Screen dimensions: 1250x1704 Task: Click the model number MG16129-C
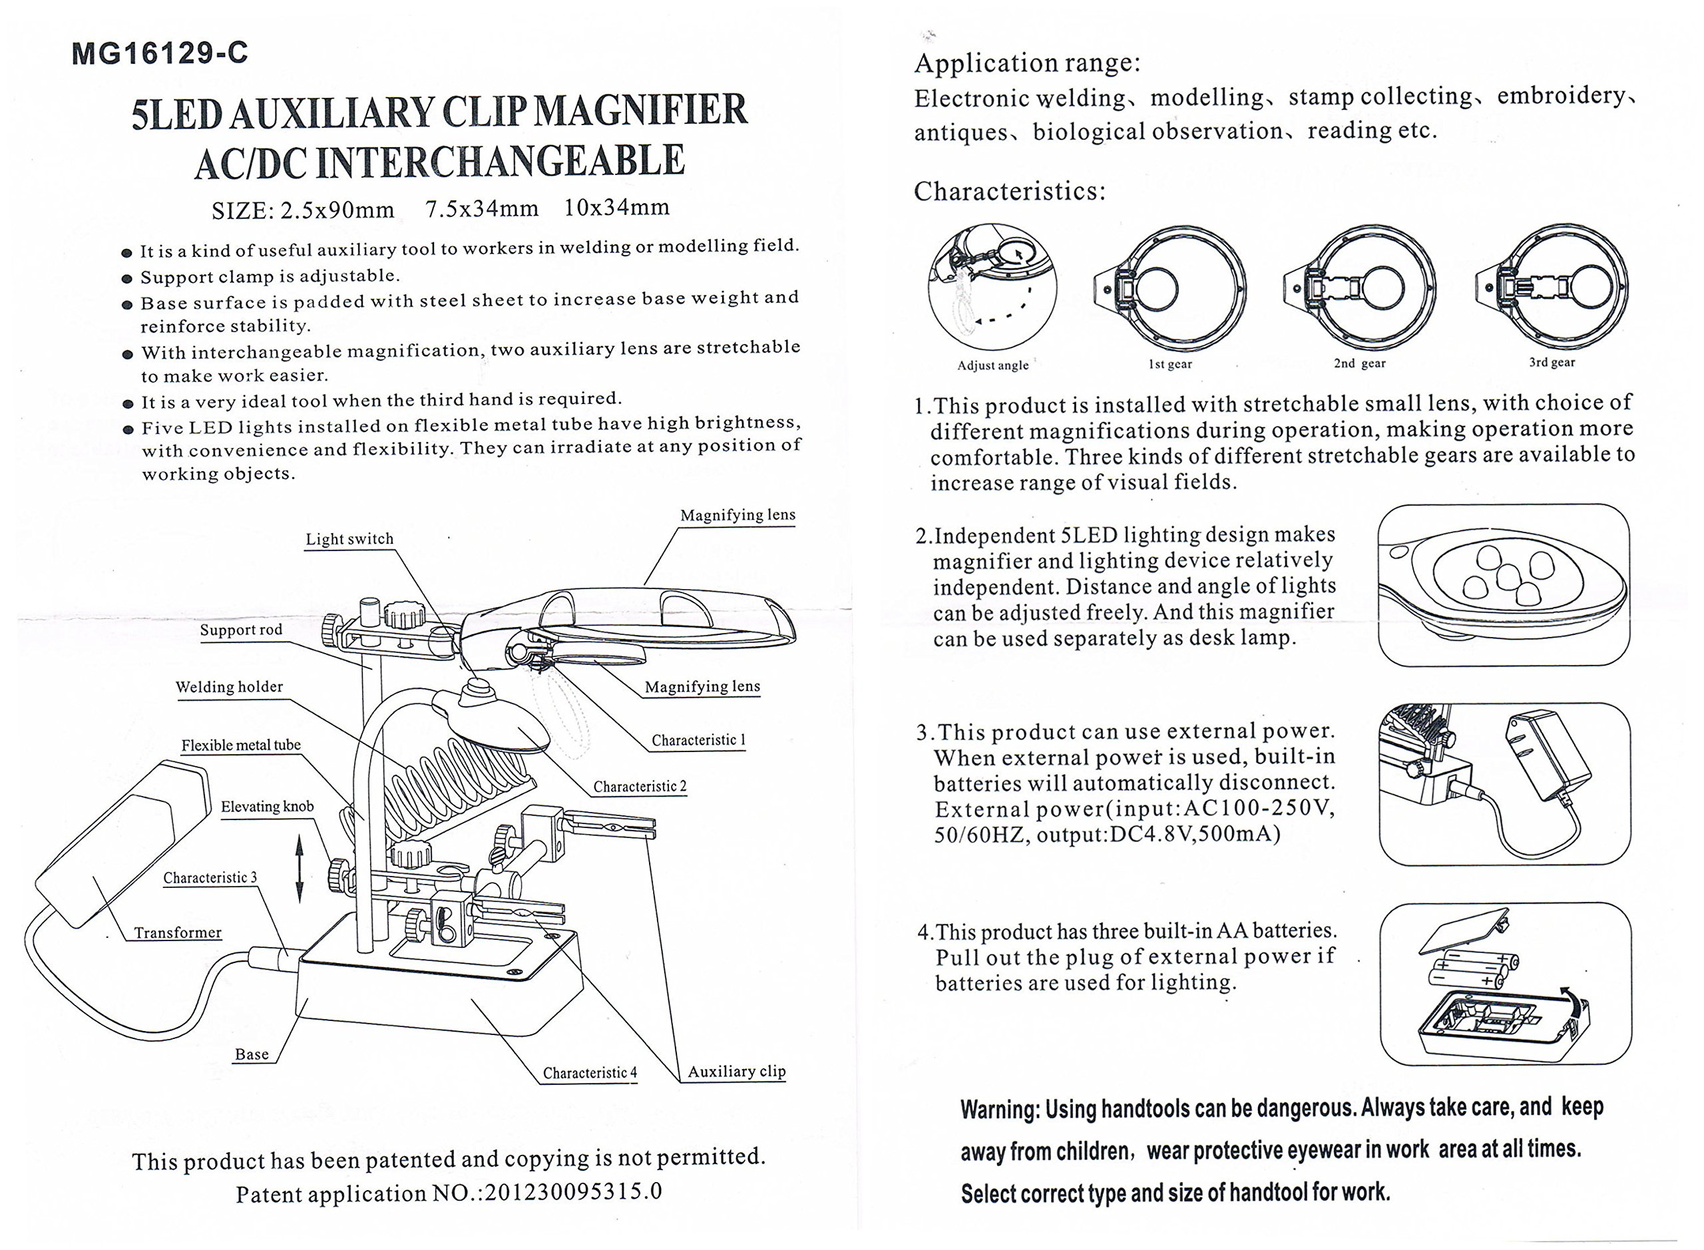pos(160,54)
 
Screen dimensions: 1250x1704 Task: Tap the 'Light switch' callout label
pos(349,538)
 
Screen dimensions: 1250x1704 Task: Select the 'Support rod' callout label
pos(240,630)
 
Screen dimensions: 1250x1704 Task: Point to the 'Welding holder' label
pos(228,686)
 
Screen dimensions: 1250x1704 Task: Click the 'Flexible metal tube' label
pos(240,745)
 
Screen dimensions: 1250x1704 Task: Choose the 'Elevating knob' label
pos(266,806)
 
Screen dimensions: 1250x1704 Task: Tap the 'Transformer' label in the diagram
pos(178,933)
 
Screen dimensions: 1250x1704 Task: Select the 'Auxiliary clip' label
pos(736,1071)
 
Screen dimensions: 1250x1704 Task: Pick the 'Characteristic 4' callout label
pos(590,1072)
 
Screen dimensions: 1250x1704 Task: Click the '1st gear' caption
pos(1170,364)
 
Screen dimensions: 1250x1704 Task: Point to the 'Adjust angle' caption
pos(992,365)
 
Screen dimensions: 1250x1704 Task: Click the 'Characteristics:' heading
pos(1009,190)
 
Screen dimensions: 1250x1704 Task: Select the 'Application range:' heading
pos(1027,63)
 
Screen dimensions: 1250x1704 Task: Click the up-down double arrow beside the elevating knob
pos(300,868)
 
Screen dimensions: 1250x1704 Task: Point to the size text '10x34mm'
pos(616,206)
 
